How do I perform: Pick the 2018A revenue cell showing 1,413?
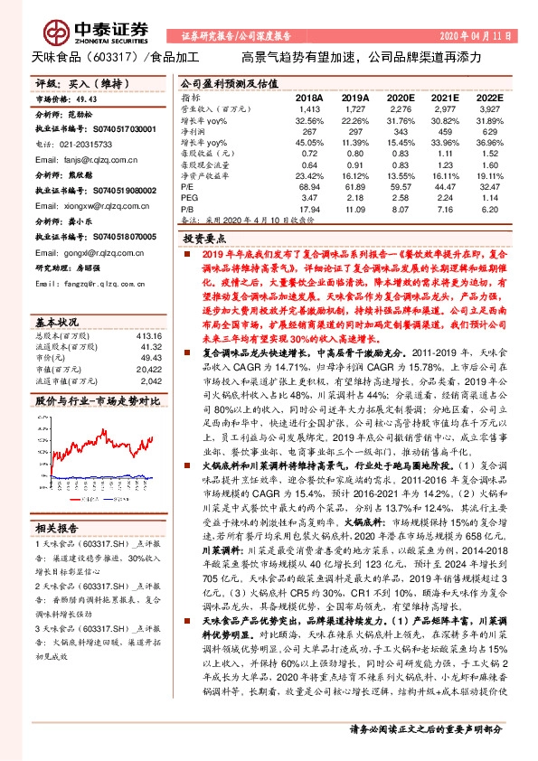tap(309, 108)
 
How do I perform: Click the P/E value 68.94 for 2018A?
tap(309, 184)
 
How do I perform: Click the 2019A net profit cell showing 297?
tap(354, 129)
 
